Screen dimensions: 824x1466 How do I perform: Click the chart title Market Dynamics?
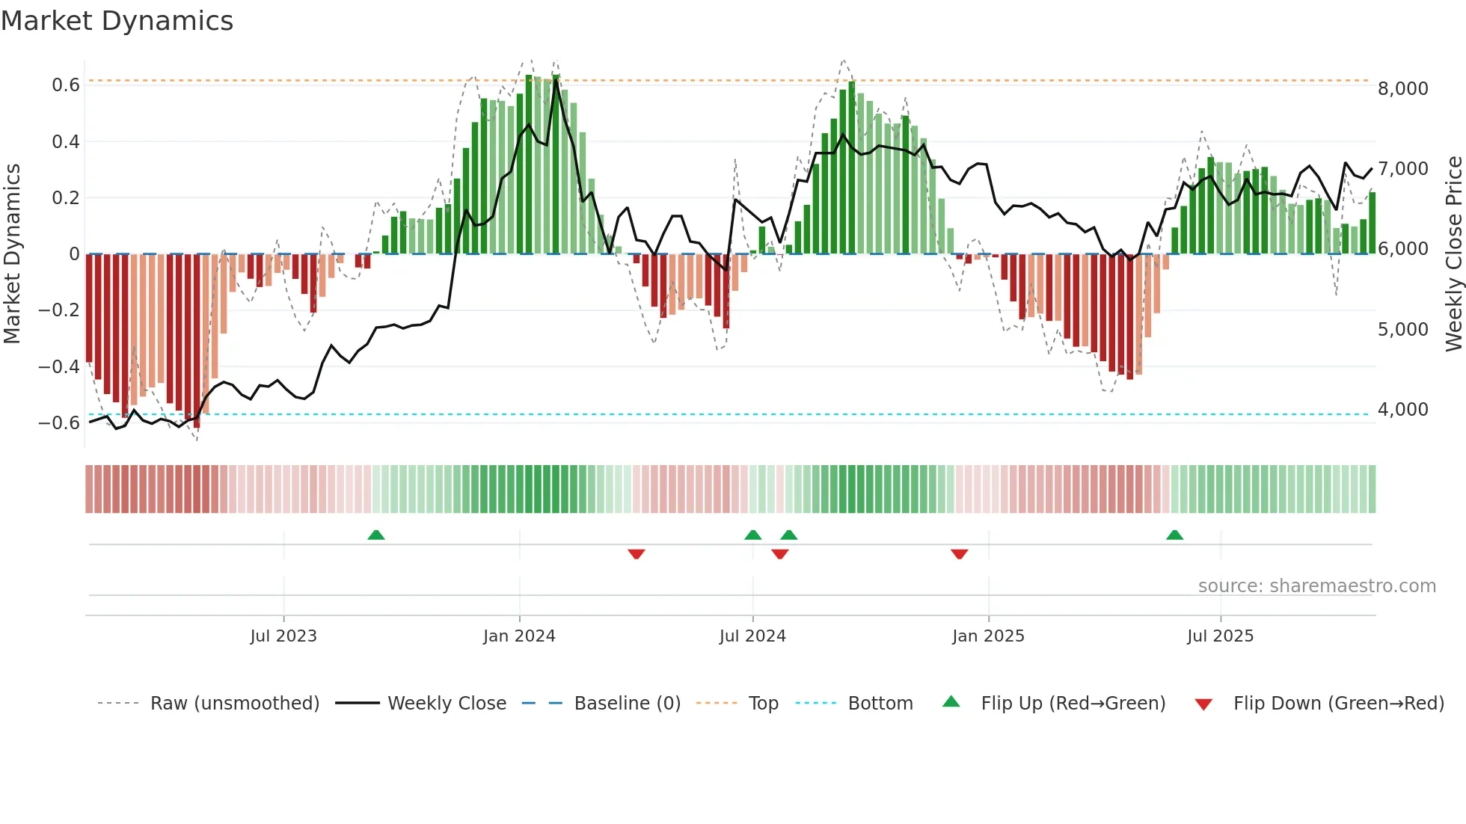[x=117, y=21]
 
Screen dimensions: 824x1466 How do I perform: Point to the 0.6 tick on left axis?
[x=66, y=85]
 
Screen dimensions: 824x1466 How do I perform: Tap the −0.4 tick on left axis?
[x=59, y=366]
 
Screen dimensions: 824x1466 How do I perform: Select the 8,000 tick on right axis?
[x=1402, y=88]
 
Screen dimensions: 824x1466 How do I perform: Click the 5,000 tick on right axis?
[x=1402, y=329]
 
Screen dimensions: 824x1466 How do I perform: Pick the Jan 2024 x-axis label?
[x=519, y=636]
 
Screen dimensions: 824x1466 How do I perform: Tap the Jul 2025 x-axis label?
[x=1220, y=636]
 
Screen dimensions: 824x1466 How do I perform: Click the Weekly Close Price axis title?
[x=1453, y=253]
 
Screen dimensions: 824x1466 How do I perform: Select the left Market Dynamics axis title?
[x=12, y=253]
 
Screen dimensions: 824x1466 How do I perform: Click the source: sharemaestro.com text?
[x=1316, y=586]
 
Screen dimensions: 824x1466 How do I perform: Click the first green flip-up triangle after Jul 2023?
[x=376, y=535]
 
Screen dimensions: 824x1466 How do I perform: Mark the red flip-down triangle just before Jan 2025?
[x=960, y=553]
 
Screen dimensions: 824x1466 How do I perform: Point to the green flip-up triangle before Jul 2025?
[x=1174, y=535]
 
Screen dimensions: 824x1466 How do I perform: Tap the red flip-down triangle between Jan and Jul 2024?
[x=637, y=553]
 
